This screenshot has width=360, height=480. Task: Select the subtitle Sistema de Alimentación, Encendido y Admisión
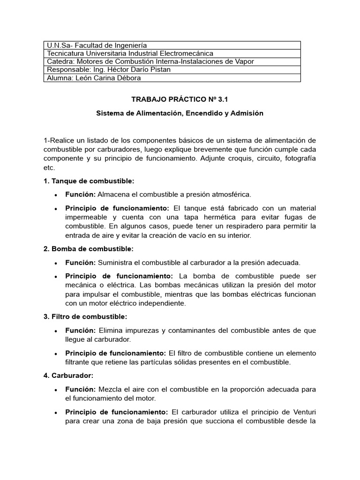pos(180,113)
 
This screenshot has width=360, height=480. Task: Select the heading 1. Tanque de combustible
pos(89,181)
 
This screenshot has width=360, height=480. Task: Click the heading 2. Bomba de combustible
pos(89,249)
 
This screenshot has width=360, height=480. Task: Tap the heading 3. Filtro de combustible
pos(85,317)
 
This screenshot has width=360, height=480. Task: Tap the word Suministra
pos(115,262)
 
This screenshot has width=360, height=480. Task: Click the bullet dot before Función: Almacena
pos(56,195)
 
